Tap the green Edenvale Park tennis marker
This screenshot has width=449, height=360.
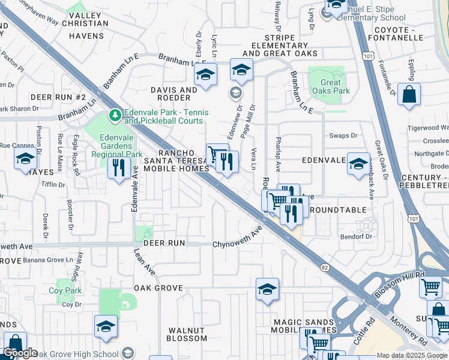(x=114, y=113)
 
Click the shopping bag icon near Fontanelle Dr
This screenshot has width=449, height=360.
(x=409, y=95)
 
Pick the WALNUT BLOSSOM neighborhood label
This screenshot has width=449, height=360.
(x=187, y=334)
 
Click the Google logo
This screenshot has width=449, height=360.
(x=20, y=353)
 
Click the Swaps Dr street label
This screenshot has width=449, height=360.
(x=343, y=136)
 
